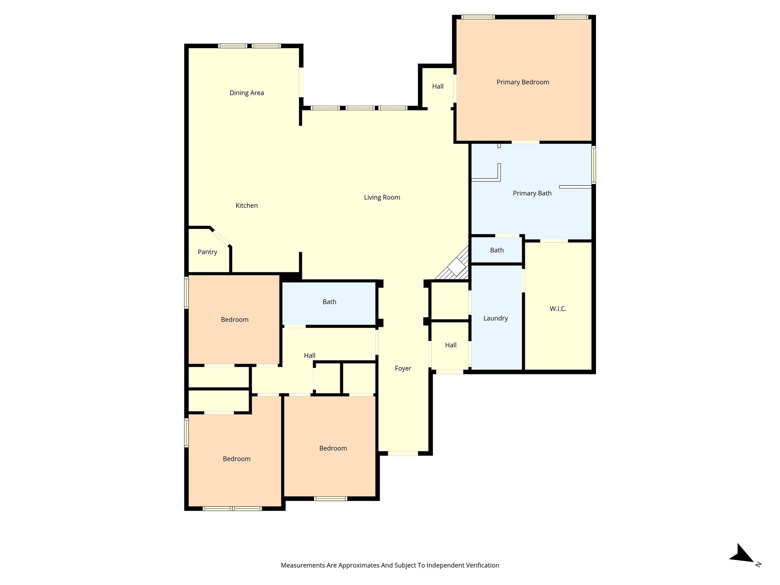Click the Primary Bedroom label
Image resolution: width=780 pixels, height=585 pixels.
pyautogui.click(x=523, y=82)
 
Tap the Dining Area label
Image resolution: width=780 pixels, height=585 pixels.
pyautogui.click(x=246, y=93)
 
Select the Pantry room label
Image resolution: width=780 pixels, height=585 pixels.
pyautogui.click(x=207, y=252)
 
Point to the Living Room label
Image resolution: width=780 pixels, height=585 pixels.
pyautogui.click(x=382, y=197)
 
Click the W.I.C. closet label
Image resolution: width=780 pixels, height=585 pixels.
pyautogui.click(x=558, y=309)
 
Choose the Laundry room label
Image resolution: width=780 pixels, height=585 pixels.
pyautogui.click(x=495, y=318)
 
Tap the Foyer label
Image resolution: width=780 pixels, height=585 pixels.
pyautogui.click(x=403, y=368)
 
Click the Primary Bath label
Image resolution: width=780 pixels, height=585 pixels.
pyautogui.click(x=532, y=193)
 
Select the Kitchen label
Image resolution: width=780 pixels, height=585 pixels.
pyautogui.click(x=246, y=206)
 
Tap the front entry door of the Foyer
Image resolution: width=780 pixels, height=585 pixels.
pyautogui.click(x=403, y=453)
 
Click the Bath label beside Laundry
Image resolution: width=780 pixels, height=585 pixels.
pyautogui.click(x=497, y=250)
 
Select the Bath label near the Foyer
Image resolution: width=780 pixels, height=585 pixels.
pyautogui.click(x=329, y=302)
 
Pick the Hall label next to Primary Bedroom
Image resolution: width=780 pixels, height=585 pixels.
pyautogui.click(x=438, y=86)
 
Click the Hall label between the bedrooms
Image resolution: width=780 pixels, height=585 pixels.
pyautogui.click(x=309, y=356)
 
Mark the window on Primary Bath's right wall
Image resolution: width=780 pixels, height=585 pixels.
pyautogui.click(x=593, y=165)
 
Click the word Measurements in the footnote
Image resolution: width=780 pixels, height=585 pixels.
pyautogui.click(x=302, y=565)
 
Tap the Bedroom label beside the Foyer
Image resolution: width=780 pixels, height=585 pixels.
pyautogui.click(x=333, y=448)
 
